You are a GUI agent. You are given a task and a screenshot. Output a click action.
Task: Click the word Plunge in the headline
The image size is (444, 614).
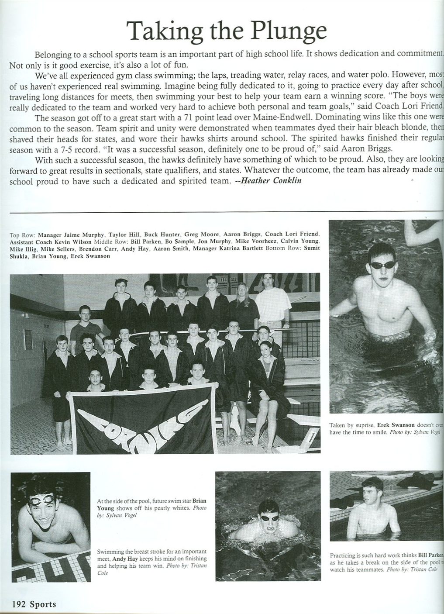[288, 30]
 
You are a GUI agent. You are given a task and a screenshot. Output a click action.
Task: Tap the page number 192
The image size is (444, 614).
[19, 604]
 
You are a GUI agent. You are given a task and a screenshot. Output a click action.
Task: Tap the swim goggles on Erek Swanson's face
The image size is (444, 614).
[382, 265]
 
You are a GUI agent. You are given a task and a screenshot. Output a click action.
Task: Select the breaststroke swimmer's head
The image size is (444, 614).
[268, 516]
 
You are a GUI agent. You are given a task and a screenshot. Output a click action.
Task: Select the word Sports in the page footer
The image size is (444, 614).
[43, 604]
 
